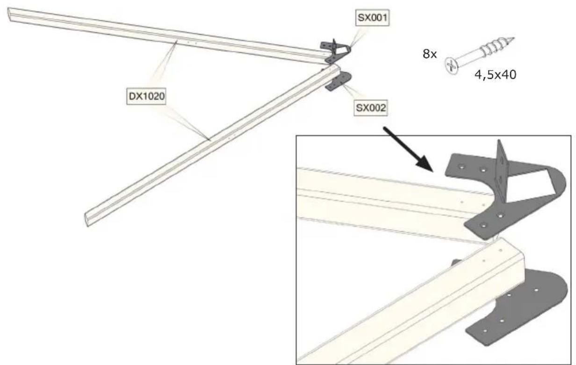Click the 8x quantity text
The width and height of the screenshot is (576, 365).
(429, 54)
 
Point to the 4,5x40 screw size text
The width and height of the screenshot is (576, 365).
(496, 75)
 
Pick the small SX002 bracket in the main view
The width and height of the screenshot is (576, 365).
(338, 82)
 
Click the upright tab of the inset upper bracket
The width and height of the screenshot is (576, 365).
(502, 166)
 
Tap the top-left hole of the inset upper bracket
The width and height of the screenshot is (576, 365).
(462, 166)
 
